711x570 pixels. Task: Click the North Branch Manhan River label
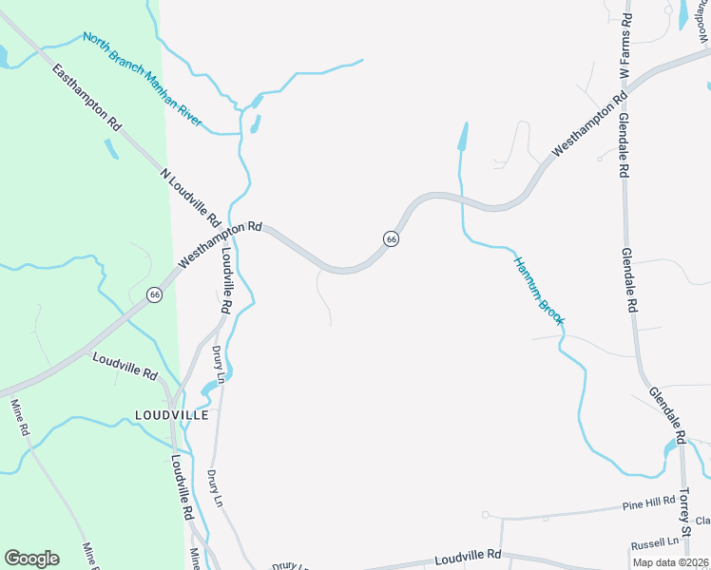tap(143, 80)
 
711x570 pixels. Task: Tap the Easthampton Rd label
tap(87, 98)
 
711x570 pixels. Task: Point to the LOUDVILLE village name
tap(171, 415)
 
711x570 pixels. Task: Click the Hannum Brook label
tap(539, 291)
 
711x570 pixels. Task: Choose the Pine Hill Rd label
tap(649, 502)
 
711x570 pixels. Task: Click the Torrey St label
tap(688, 514)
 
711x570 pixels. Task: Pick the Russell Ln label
tap(654, 542)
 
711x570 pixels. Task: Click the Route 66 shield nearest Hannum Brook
tap(391, 239)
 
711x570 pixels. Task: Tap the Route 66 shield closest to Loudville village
tap(155, 296)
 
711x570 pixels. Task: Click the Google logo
tap(32, 558)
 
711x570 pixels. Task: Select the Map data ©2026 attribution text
tap(669, 562)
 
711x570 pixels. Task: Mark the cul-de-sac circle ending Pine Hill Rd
tap(485, 515)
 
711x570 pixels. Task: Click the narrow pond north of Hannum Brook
tap(463, 138)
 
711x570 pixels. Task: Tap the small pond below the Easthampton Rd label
tap(111, 148)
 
